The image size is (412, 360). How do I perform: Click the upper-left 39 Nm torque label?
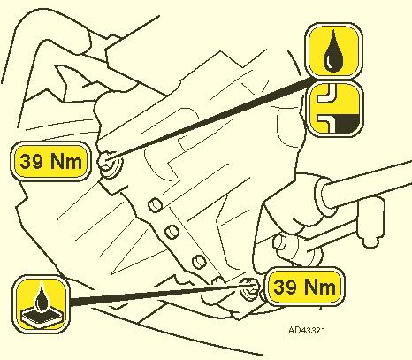click(50, 161)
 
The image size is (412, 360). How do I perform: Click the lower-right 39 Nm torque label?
click(304, 287)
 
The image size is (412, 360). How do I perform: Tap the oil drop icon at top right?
click(333, 51)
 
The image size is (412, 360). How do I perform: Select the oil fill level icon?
click(334, 109)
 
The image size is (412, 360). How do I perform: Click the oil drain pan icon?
click(41, 303)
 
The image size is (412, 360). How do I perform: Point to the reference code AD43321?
click(307, 330)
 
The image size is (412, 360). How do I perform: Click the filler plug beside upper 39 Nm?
click(110, 164)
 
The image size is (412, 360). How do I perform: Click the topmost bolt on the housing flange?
click(155, 205)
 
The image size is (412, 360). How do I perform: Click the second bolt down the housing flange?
click(172, 232)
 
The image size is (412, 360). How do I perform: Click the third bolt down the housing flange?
click(199, 262)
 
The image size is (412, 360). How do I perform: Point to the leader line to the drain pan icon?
click(161, 293)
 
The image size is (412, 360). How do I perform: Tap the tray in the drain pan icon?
click(42, 316)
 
